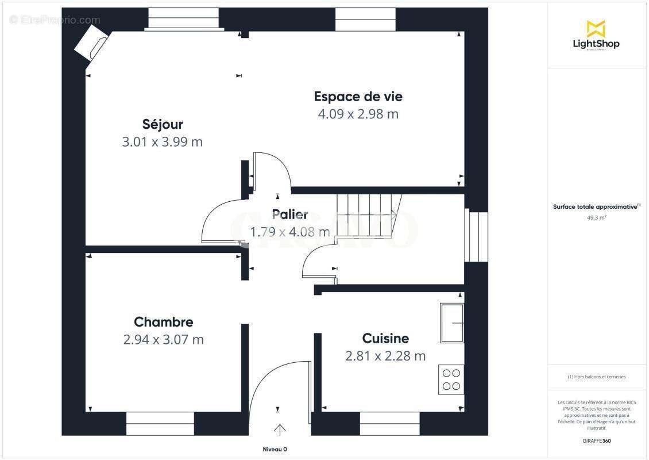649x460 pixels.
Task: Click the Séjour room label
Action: [163, 124]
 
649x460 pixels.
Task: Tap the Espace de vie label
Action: [358, 96]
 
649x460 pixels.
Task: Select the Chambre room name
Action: [163, 322]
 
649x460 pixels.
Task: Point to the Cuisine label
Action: [385, 338]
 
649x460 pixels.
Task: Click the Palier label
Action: [289, 214]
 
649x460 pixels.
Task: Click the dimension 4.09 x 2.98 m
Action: [358, 114]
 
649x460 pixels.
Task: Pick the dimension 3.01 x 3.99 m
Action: [163, 142]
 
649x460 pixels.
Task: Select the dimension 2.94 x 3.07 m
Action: [163, 340]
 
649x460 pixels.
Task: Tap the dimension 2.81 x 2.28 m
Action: [385, 356]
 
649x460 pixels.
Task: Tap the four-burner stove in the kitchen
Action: [451, 379]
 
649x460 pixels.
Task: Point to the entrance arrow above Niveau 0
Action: [280, 430]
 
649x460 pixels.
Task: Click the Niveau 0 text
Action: [275, 449]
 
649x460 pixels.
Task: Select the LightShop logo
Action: [596, 35]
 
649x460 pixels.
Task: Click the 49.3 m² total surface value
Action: [596, 218]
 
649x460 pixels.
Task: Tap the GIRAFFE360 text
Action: [596, 441]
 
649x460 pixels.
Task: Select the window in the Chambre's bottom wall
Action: [160, 423]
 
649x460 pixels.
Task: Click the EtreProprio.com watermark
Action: [55, 20]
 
